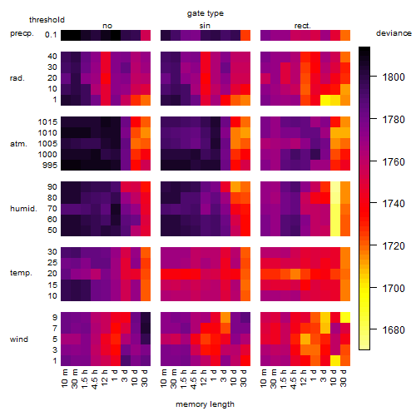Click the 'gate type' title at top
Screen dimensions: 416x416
pos(206,13)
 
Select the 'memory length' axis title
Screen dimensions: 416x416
pos(205,404)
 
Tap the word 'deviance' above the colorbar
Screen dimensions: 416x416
pos(394,33)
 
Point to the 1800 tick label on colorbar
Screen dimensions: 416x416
pos(394,77)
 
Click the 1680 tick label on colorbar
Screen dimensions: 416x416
pos(394,330)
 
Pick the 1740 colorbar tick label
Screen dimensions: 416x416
pos(394,204)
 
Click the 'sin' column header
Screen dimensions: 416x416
pos(205,26)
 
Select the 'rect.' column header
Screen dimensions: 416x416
pos(303,26)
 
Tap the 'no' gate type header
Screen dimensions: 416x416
pos(107,26)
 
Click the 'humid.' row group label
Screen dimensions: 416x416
pos(23,209)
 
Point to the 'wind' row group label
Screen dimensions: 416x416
pos(19,339)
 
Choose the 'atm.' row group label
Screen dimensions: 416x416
pos(18,144)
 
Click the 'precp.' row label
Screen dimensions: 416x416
pos(22,33)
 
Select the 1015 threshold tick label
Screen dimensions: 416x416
pos(47,121)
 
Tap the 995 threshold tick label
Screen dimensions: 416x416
pos(50,166)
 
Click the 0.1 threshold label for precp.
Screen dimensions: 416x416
pos(51,35)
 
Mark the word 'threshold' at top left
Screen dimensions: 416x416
pos(47,20)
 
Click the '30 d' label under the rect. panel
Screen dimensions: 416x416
pos(344,378)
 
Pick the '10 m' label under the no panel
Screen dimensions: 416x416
pos(64,378)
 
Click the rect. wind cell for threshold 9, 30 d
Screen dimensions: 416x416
pos(345,317)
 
